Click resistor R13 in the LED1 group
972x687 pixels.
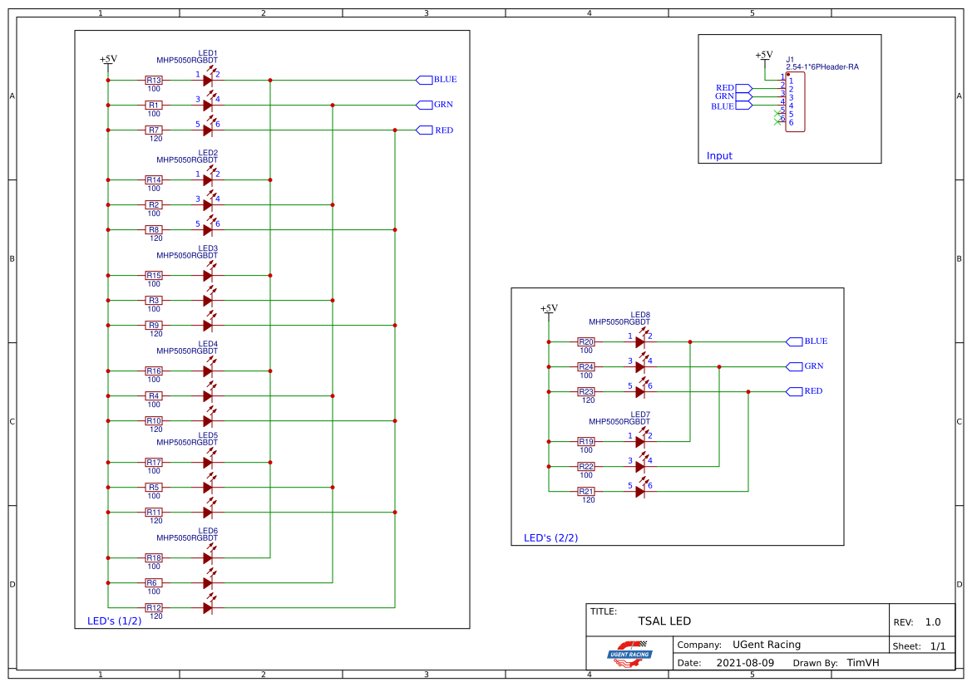pyautogui.click(x=154, y=81)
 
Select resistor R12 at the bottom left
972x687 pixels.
pyautogui.click(x=154, y=608)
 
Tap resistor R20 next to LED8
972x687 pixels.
pyautogui.click(x=586, y=341)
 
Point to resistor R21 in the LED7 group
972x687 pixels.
pyautogui.click(x=586, y=492)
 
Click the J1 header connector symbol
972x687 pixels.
pyautogui.click(x=795, y=101)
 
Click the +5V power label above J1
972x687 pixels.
pyautogui.click(x=763, y=55)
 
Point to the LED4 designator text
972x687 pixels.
pyautogui.click(x=208, y=344)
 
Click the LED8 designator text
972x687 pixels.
pyautogui.click(x=640, y=315)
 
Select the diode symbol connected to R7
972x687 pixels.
pyautogui.click(x=209, y=130)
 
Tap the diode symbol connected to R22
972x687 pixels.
pyautogui.click(x=640, y=467)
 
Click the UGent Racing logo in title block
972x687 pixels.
pyautogui.click(x=629, y=654)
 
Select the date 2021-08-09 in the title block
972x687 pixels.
pyautogui.click(x=744, y=663)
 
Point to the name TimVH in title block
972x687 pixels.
pyautogui.click(x=863, y=663)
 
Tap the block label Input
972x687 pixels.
pyautogui.click(x=719, y=156)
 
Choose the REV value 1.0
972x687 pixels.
pyautogui.click(x=932, y=622)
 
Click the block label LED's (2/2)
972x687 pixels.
pyautogui.click(x=550, y=537)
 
